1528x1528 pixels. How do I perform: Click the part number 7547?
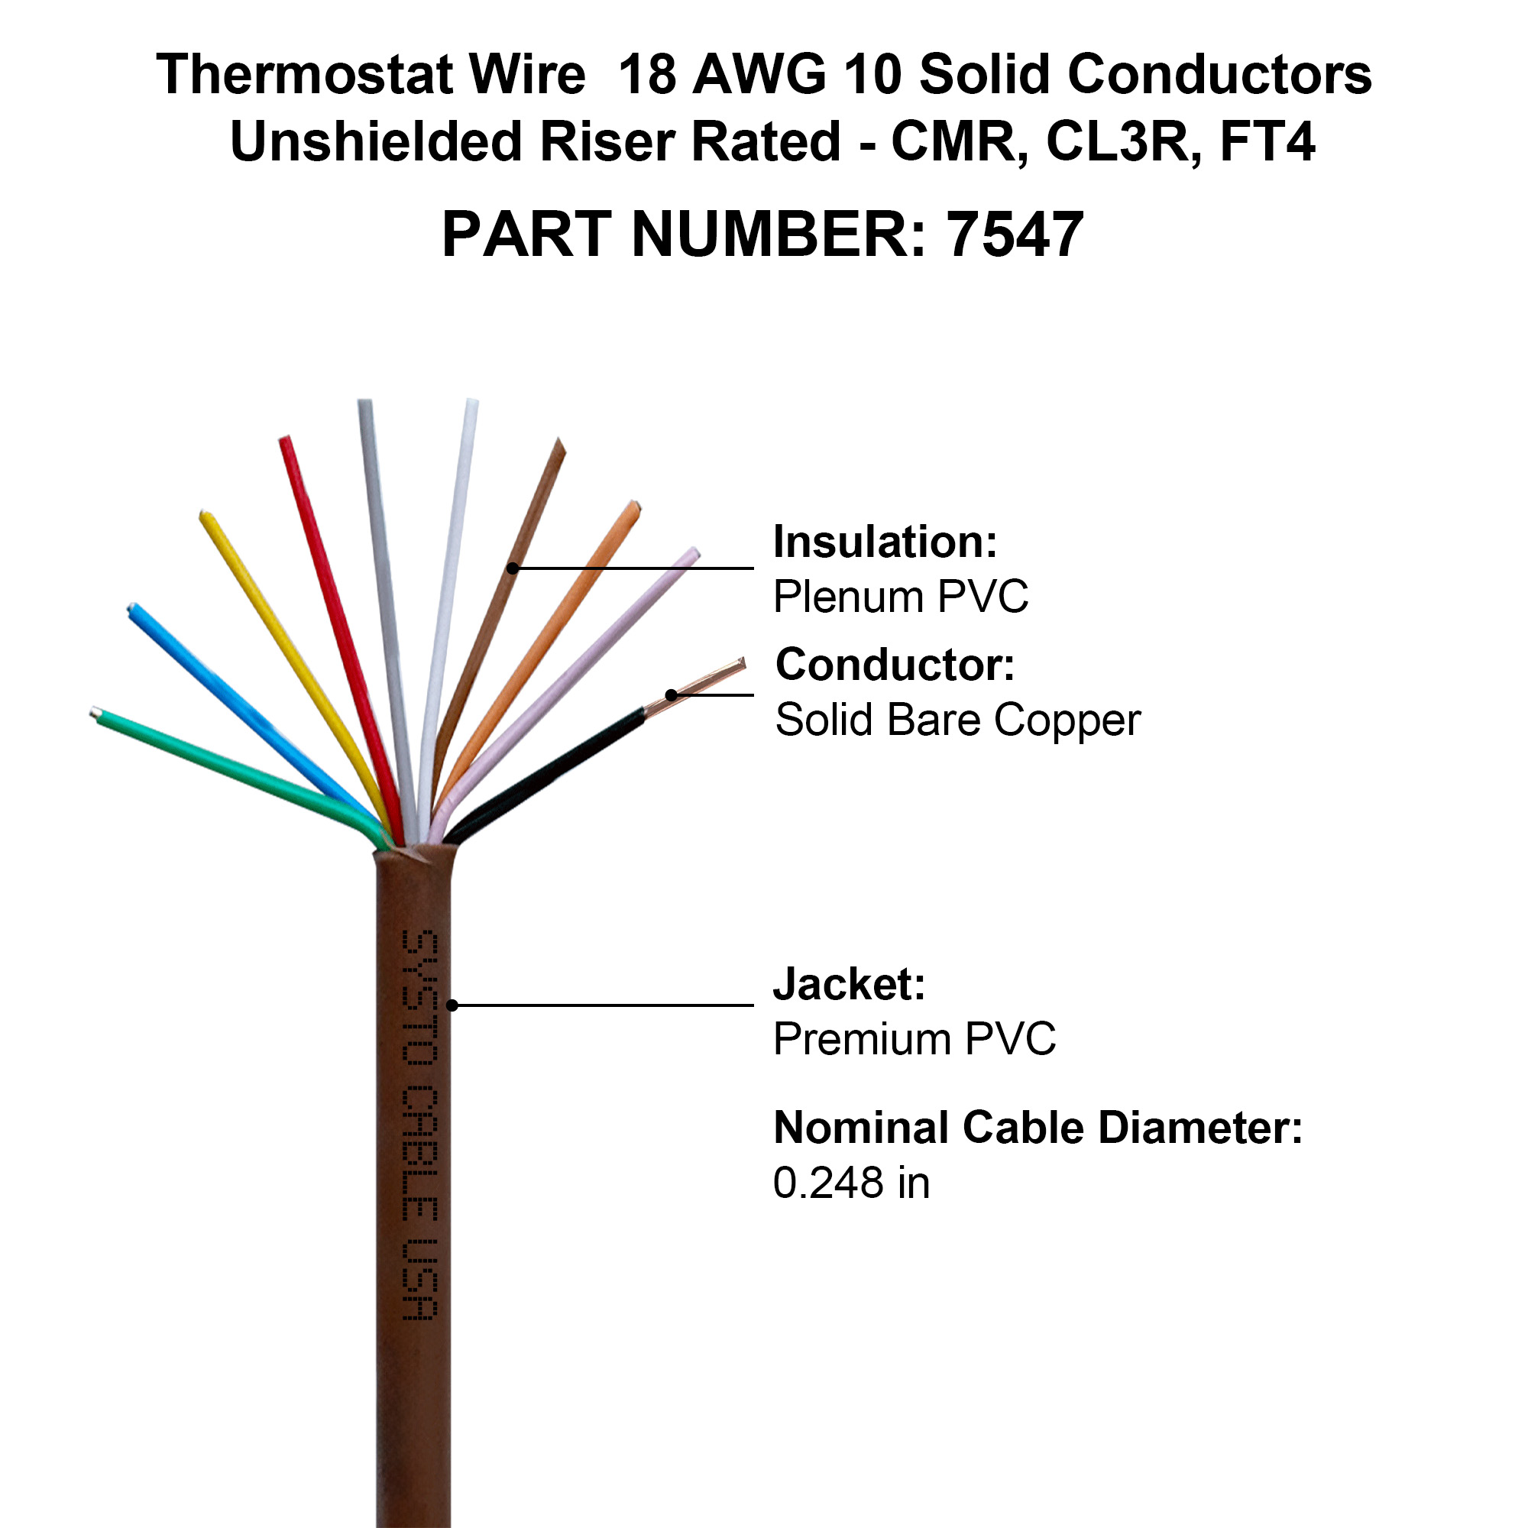click(x=1015, y=235)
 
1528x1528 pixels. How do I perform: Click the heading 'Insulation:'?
click(x=885, y=542)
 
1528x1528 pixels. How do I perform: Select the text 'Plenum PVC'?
click(x=901, y=597)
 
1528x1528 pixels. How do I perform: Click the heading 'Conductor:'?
click(x=895, y=665)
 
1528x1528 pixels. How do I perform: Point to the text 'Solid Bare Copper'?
click(x=958, y=720)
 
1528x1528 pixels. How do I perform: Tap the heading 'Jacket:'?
click(x=850, y=984)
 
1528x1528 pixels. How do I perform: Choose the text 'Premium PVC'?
click(x=915, y=1038)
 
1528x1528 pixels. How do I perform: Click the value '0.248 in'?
click(x=851, y=1183)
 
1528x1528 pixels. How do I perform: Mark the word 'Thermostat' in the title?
click(x=305, y=74)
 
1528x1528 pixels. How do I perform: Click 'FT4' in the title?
click(x=1267, y=141)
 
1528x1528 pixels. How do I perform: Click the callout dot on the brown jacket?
click(x=452, y=1005)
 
